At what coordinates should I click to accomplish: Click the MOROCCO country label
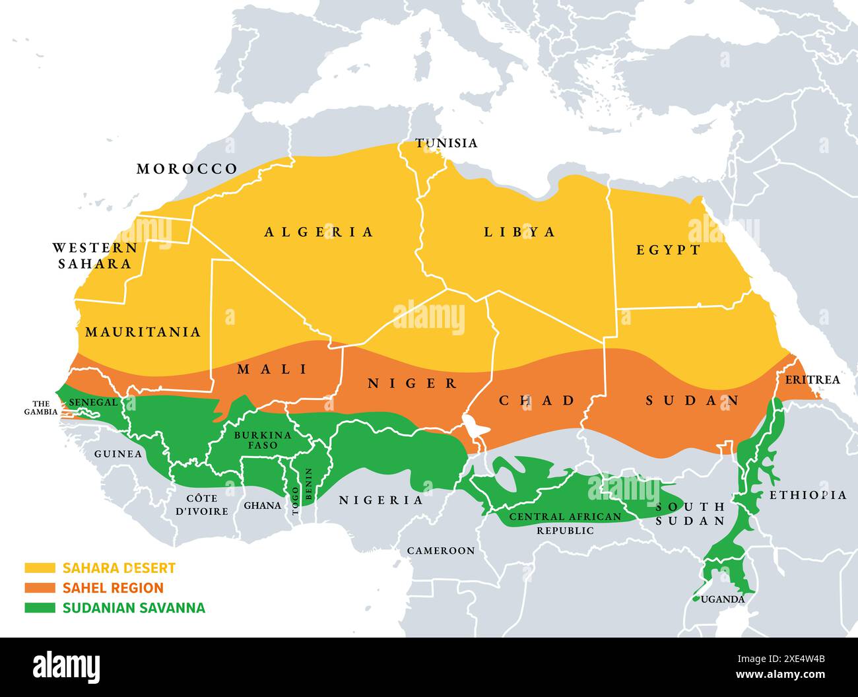tap(187, 169)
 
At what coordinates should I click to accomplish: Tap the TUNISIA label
tap(445, 143)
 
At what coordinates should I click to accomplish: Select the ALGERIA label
tap(319, 232)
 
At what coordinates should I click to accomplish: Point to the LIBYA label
tap(519, 232)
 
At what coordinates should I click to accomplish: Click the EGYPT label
tap(668, 249)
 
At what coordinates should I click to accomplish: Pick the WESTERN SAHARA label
tap(95, 255)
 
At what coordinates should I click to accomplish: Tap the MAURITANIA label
tap(143, 331)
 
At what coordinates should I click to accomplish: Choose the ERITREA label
tap(812, 380)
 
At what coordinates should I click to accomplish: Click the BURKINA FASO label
tap(263, 440)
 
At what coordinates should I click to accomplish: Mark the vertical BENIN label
tap(308, 484)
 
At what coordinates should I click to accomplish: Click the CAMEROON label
tap(440, 550)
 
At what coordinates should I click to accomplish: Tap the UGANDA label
tap(723, 599)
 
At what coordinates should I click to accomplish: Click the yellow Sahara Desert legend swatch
tap(40, 568)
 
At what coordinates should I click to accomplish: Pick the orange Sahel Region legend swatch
tap(40, 587)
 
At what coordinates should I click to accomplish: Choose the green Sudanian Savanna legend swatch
tap(40, 608)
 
